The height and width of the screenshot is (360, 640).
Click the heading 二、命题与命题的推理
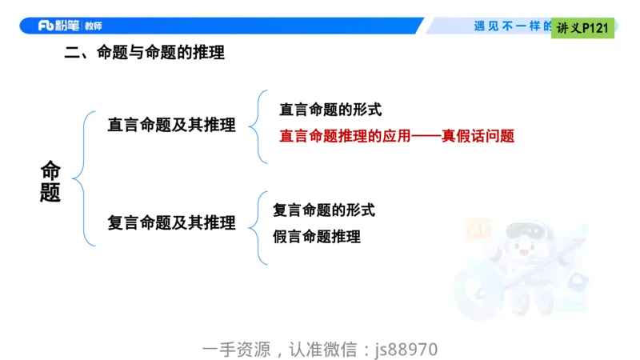144,54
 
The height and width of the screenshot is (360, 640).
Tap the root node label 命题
50,182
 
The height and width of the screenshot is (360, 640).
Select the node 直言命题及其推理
171,125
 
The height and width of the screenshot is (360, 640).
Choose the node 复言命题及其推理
171,223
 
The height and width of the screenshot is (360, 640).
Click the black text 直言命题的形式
330,110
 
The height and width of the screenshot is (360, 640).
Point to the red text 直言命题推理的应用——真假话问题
396,136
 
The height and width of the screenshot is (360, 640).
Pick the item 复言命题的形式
324,210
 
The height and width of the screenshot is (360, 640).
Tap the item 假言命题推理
317,237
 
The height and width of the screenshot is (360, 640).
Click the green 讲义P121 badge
583,28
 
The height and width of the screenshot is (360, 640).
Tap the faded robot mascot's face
522,257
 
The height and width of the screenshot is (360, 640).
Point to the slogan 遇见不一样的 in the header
512,26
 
